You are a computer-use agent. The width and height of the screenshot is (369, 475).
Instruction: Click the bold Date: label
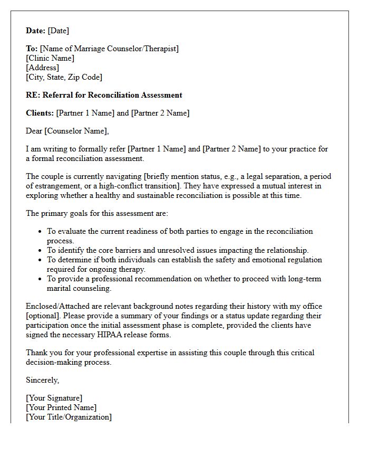pyautogui.click(x=36, y=31)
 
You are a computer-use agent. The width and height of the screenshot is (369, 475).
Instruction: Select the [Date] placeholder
pyautogui.click(x=59, y=31)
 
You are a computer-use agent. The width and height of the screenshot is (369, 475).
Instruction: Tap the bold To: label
pyautogui.click(x=32, y=49)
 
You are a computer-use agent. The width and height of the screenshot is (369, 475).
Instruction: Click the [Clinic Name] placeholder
pyautogui.click(x=50, y=58)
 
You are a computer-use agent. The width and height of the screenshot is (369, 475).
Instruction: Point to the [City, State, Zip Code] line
pyautogui.click(x=64, y=77)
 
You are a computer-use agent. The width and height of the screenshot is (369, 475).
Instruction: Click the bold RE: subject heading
pyautogui.click(x=104, y=95)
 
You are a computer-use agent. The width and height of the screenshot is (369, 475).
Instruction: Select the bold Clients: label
pyautogui.click(x=40, y=113)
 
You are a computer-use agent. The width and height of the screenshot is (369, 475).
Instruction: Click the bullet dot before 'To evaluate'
pyautogui.click(x=41, y=232)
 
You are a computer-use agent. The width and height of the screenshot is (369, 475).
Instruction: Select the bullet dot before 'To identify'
pyautogui.click(x=41, y=251)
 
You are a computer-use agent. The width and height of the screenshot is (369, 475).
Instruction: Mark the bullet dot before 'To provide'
pyautogui.click(x=41, y=279)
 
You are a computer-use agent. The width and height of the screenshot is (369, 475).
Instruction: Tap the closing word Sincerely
pyautogui.click(x=43, y=380)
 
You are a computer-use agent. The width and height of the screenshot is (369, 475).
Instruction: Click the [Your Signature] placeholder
pyautogui.click(x=54, y=398)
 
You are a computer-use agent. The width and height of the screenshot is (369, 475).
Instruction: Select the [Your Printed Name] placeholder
pyautogui.click(x=61, y=407)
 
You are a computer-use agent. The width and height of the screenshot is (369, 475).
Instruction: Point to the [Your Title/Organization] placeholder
pyautogui.click(x=69, y=417)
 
